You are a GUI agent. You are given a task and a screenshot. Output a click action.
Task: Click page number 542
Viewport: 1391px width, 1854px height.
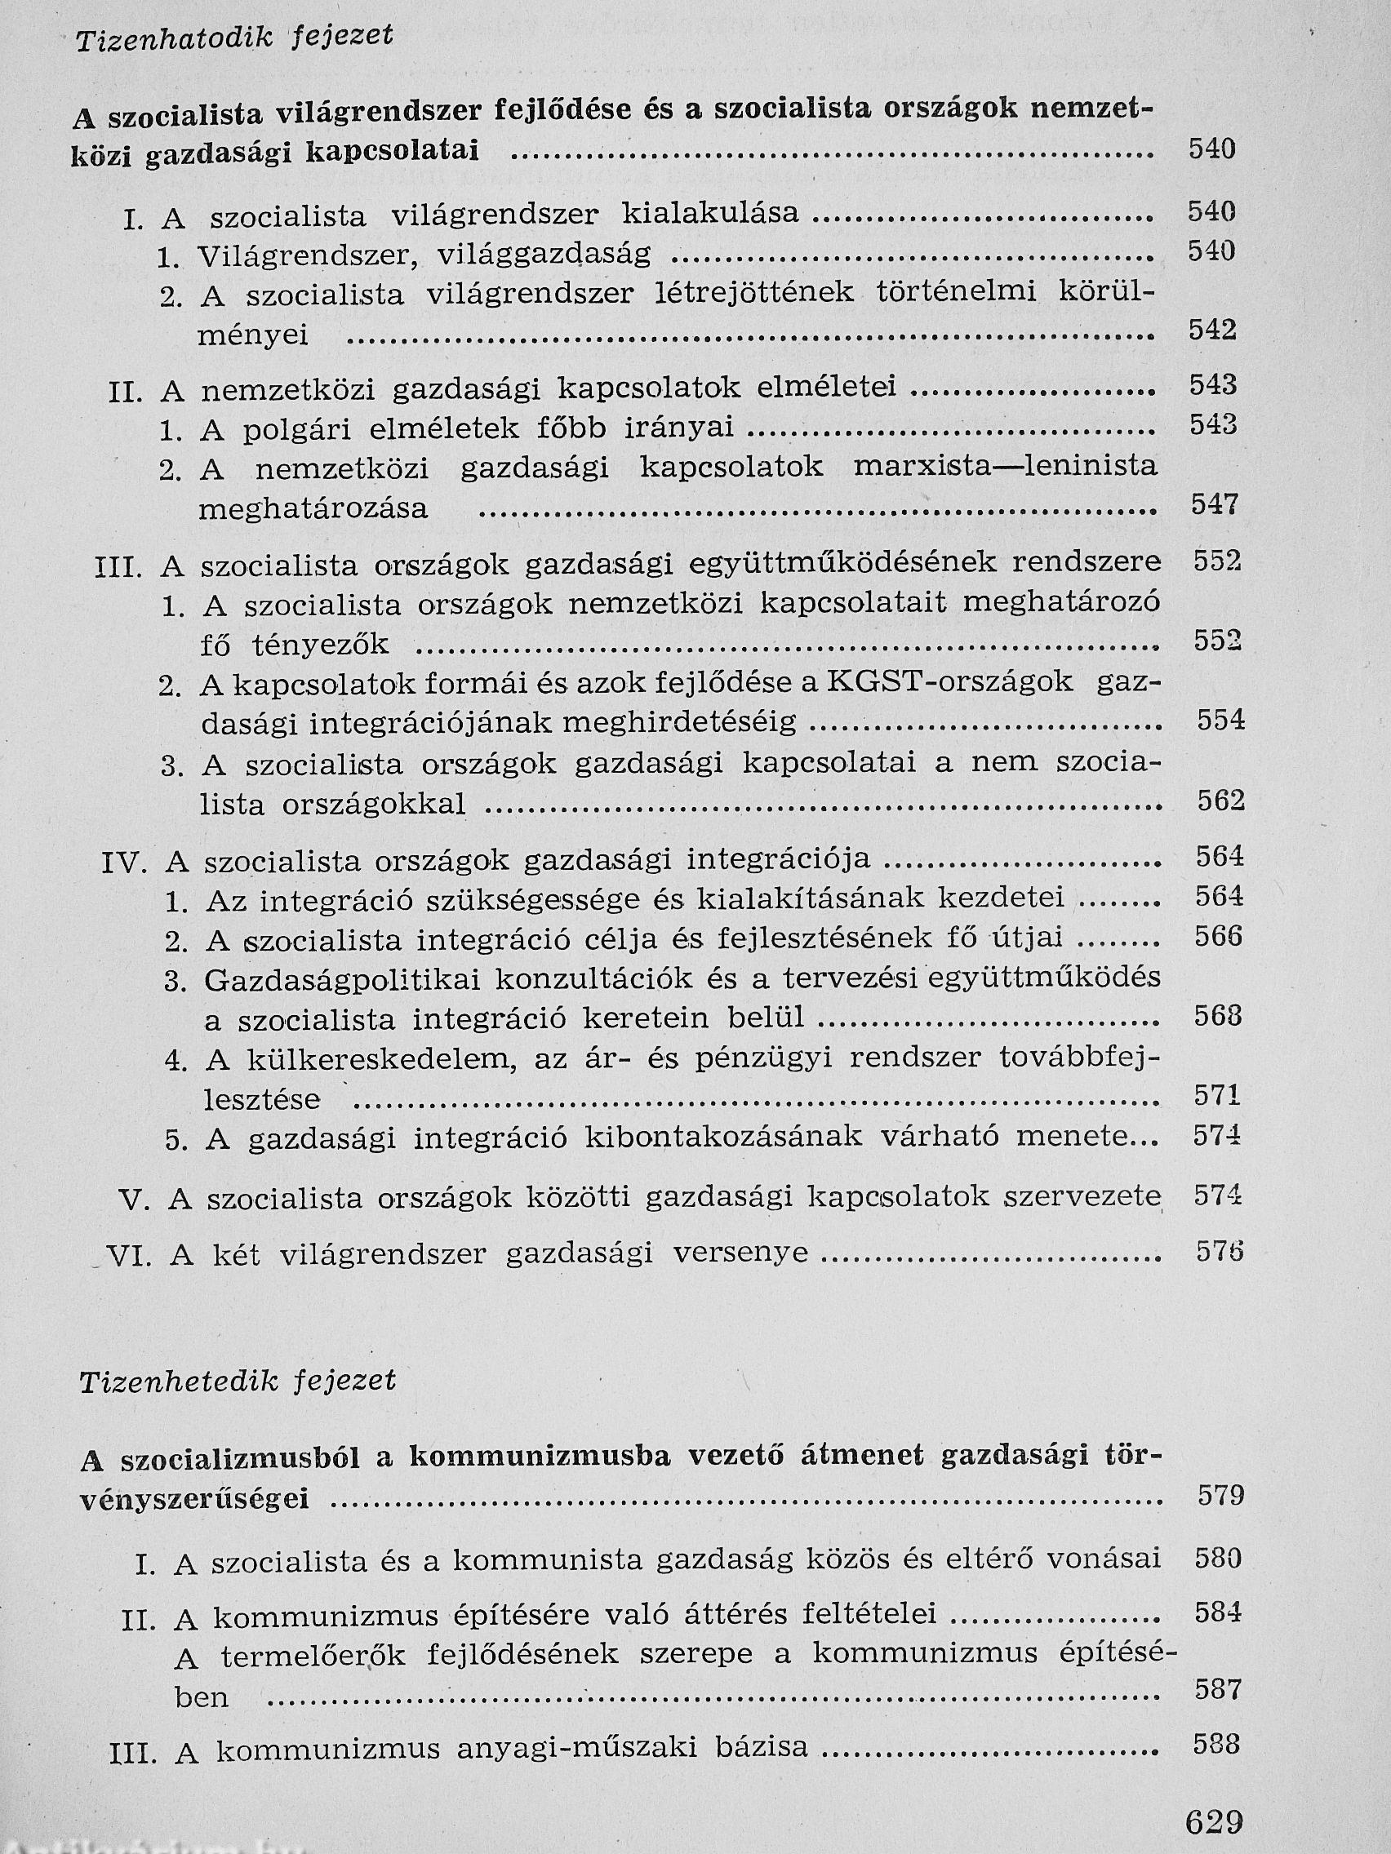[1212, 330]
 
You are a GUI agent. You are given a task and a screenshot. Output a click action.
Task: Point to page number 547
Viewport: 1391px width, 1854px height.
[1214, 504]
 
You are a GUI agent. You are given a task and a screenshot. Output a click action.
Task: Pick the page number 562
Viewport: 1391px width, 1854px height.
[1220, 801]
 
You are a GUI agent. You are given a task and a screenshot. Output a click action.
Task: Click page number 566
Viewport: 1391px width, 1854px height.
[1218, 936]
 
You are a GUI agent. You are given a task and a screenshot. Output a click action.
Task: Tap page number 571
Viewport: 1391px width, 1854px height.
[1218, 1094]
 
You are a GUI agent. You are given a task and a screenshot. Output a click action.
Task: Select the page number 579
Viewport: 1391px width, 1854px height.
[1220, 1495]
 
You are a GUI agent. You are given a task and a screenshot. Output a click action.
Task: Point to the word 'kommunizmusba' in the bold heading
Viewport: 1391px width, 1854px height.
[542, 1459]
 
